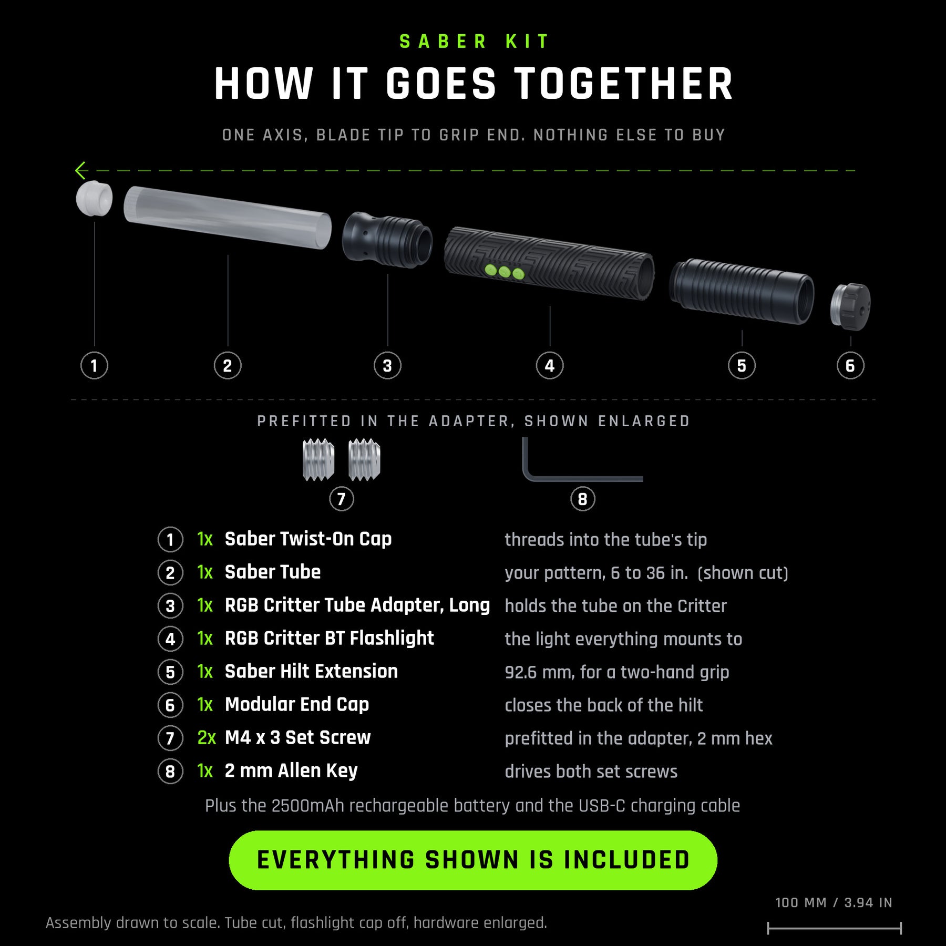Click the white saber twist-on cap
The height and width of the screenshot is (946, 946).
point(94,198)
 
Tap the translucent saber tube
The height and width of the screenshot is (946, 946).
point(228,217)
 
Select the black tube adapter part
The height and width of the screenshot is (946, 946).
point(387,240)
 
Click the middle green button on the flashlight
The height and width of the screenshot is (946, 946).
point(505,272)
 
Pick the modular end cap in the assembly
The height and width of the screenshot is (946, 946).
point(850,306)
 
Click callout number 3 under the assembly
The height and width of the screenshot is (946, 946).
point(387,366)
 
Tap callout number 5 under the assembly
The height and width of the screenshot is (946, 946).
point(742,366)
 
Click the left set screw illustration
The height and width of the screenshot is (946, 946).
point(318,460)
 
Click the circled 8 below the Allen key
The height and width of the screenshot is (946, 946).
point(583,499)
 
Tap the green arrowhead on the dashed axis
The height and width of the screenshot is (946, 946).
point(80,170)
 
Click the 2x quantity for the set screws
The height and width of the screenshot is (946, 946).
point(206,737)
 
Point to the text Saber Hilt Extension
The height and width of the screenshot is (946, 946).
point(311,671)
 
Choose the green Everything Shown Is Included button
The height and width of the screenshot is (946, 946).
point(473,860)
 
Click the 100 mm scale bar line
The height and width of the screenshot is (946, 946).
point(835,928)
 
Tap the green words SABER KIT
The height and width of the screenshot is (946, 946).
point(474,42)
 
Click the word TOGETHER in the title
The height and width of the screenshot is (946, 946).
point(623,84)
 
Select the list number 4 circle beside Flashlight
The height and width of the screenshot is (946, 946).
point(170,639)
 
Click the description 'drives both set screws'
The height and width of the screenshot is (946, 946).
point(591,771)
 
